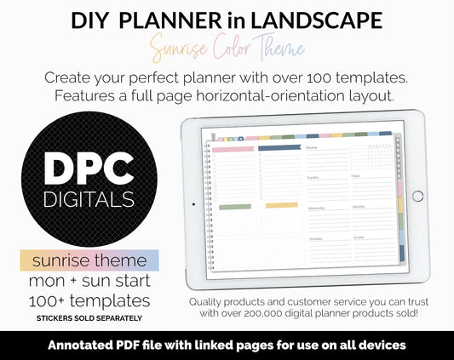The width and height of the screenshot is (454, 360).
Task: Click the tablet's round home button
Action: (x=417, y=196)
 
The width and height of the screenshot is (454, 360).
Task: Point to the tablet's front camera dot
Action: (x=193, y=204)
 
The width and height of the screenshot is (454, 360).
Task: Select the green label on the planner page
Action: (x=234, y=206)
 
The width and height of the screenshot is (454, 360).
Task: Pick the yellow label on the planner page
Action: (x=280, y=205)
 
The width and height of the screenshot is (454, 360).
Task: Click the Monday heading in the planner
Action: (x=312, y=147)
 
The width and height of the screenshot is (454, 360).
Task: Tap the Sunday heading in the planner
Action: (x=359, y=237)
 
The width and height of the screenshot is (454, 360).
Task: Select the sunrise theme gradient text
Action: (x=90, y=260)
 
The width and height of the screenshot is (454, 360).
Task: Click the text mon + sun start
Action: (x=90, y=280)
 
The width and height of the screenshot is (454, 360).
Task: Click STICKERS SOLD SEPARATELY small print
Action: (x=89, y=317)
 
